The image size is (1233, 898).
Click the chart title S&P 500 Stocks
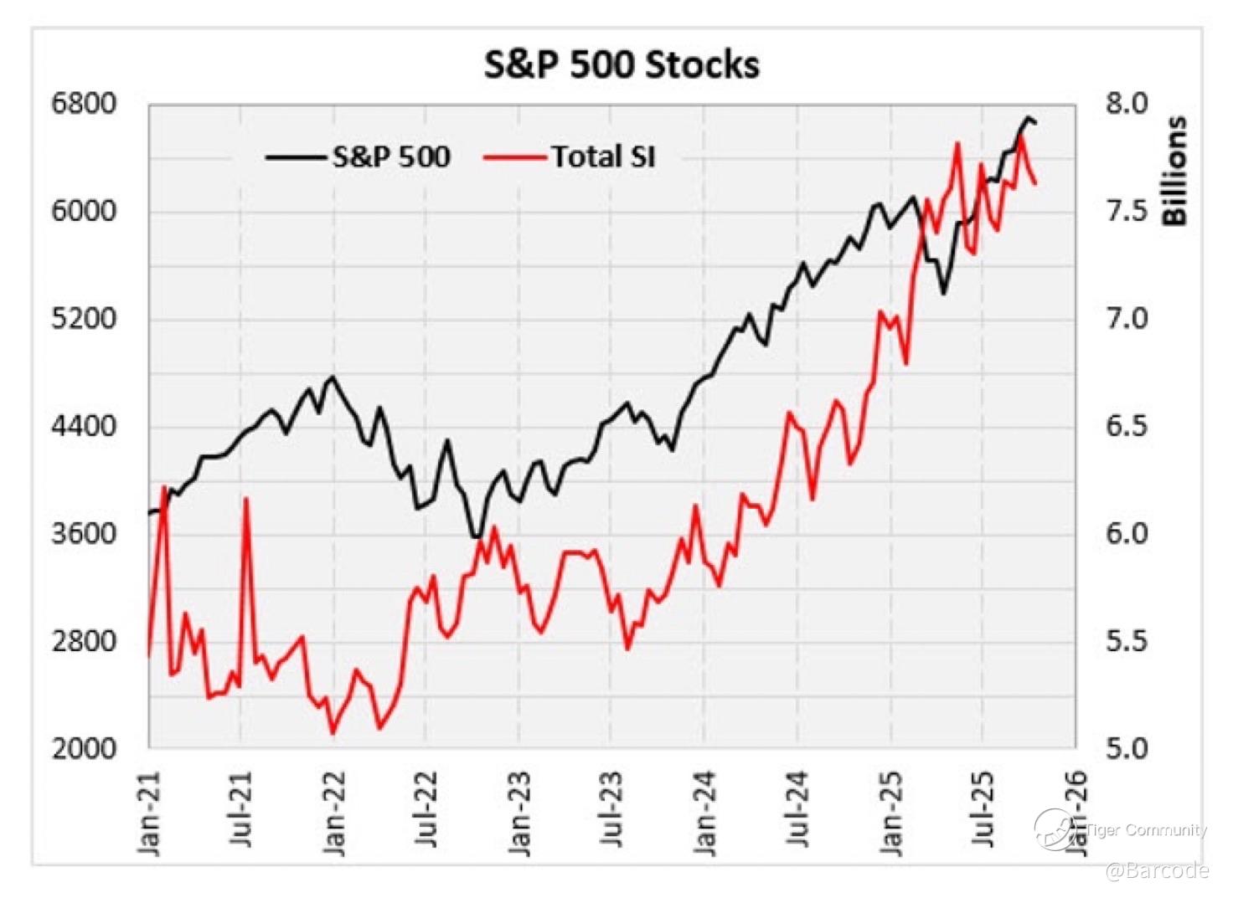[622, 64]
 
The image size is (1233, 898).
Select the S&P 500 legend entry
[391, 157]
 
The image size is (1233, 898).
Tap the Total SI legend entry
[602, 157]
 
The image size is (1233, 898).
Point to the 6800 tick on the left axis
[84, 104]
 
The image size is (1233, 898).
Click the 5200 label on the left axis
[84, 319]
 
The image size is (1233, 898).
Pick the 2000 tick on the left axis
[84, 747]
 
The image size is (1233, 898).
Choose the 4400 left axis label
[84, 426]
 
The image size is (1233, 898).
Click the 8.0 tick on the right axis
[1127, 104]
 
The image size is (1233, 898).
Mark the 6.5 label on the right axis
[1127, 426]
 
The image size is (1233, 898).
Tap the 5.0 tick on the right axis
[1127, 747]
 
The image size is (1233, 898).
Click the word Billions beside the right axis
[1174, 171]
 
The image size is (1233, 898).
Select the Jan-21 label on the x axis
[149, 812]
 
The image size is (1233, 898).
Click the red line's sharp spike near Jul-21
[246, 499]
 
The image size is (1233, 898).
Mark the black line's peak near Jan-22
[333, 377]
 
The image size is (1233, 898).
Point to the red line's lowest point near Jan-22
[333, 733]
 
